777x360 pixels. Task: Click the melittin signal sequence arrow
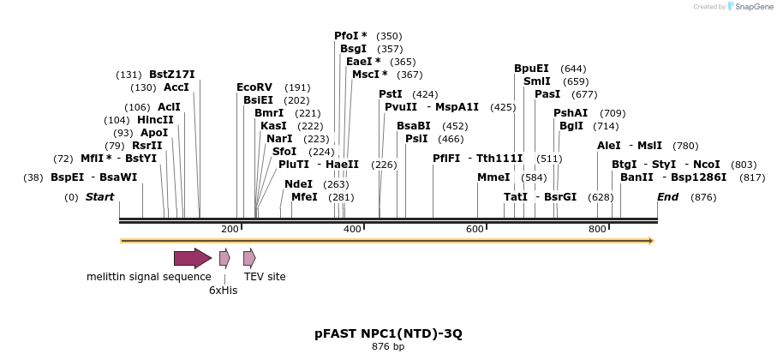[192, 258]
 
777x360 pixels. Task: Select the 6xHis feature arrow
[224, 258]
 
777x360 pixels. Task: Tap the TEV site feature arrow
[249, 258]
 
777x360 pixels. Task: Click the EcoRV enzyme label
[254, 87]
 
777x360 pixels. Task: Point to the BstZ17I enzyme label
[172, 75]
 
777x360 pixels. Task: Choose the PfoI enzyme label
[350, 36]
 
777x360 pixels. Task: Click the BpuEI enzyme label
[531, 69]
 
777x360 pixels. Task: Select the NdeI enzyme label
[298, 184]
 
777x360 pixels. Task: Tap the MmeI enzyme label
[493, 177]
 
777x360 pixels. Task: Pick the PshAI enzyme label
[571, 113]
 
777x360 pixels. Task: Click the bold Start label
[99, 197]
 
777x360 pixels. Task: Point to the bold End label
[667, 197]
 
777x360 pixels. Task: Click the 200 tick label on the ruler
[230, 230]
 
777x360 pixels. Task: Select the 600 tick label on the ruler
[475, 230]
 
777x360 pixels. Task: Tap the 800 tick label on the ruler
[597, 230]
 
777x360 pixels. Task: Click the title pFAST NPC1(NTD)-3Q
[388, 333]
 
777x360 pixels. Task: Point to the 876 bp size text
[388, 346]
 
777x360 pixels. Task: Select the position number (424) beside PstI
[425, 94]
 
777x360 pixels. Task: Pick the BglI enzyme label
[571, 126]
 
